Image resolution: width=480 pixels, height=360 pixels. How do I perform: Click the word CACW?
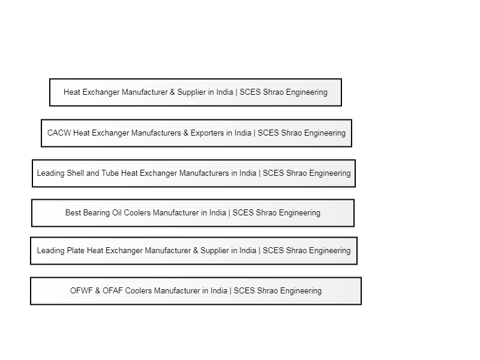tap(59, 133)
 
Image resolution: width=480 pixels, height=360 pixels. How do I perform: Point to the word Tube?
tap(110, 173)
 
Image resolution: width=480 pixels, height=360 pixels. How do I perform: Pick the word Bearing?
tap(97, 213)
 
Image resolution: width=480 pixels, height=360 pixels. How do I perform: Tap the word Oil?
tap(117, 212)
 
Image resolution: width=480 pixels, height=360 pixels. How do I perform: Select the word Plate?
tap(76, 250)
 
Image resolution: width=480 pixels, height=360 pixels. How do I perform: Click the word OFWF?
tap(82, 290)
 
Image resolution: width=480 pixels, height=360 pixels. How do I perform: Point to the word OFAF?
tap(113, 290)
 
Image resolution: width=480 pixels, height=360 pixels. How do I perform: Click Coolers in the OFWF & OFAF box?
tap(139, 290)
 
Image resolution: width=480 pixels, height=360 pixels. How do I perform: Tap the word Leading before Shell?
tap(51, 173)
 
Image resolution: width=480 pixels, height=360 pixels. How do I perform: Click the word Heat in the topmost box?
tap(72, 92)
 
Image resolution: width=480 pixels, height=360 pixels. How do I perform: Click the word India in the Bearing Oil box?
tap(218, 212)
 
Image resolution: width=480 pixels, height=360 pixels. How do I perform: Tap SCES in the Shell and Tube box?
tap(274, 173)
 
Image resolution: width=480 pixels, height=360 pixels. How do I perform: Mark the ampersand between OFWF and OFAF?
tap(98, 290)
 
